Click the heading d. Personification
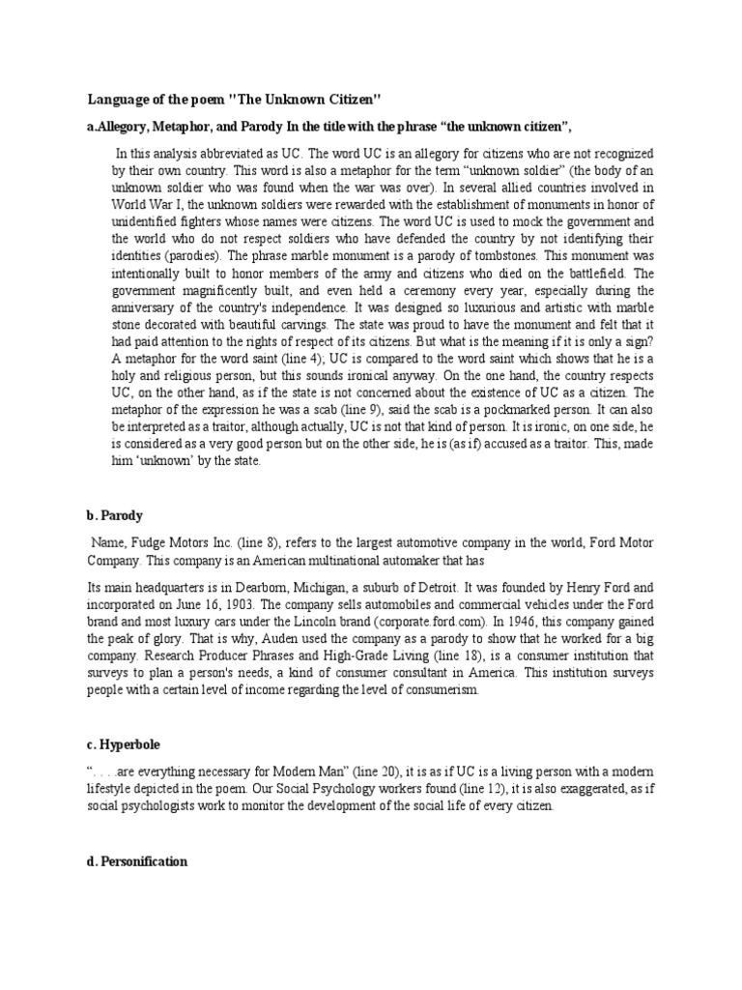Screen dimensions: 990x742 [x=144, y=859]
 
